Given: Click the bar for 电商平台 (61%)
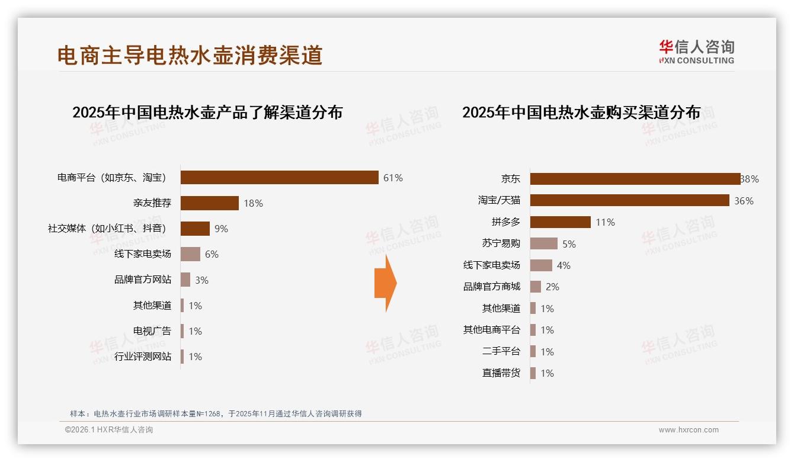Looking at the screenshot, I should (279, 178).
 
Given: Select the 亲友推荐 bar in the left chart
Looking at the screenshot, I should (209, 203).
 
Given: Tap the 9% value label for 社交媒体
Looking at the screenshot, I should (222, 229).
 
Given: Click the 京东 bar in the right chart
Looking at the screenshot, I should (635, 179).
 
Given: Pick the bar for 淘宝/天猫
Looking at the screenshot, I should (629, 201).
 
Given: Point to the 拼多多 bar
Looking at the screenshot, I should (560, 222).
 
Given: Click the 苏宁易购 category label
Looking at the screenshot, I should (501, 243).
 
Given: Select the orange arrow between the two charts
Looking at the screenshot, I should (385, 283).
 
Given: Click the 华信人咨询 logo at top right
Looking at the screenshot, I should (696, 52).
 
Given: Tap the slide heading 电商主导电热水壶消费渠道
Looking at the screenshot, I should (190, 55).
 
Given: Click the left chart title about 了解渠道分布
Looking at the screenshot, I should (207, 113).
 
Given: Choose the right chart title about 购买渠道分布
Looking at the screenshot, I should (581, 113).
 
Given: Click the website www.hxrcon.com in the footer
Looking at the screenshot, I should (689, 430).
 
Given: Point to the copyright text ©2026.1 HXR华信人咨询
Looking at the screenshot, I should (109, 430).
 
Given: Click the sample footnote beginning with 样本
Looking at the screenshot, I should (216, 414).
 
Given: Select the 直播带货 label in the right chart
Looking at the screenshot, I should (501, 373).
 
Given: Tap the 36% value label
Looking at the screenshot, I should (744, 201).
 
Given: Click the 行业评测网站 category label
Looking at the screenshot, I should (143, 357).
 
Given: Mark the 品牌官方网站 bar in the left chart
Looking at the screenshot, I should (185, 280).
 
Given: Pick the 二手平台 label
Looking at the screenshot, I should (501, 351).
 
